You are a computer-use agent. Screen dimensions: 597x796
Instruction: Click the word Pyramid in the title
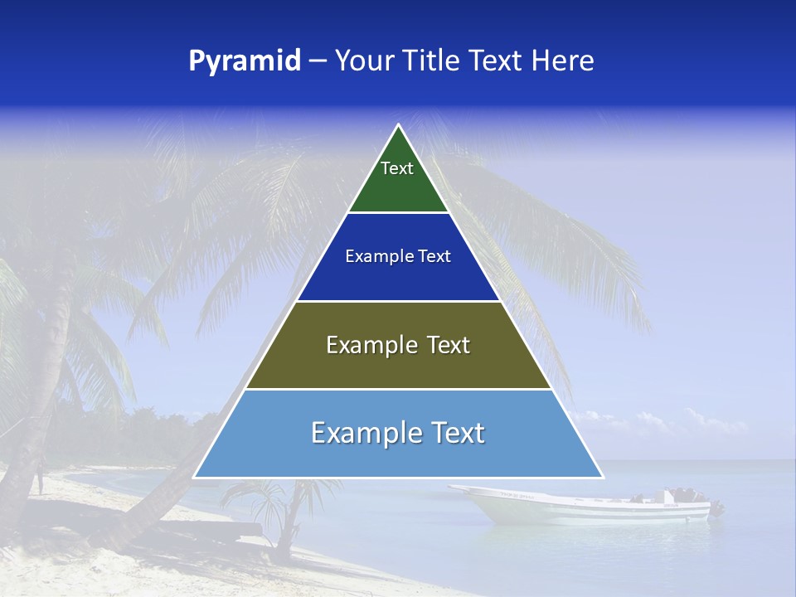click(x=244, y=61)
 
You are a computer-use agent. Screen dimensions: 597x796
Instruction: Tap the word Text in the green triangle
click(x=396, y=168)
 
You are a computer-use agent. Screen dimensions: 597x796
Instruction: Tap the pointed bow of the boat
click(x=454, y=489)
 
